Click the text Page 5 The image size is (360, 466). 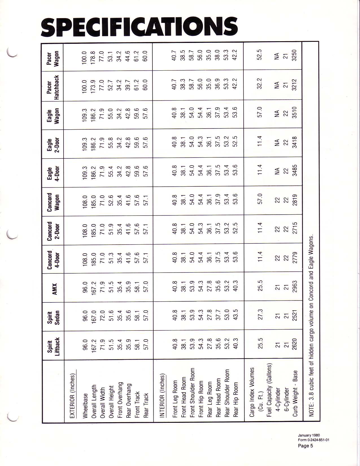coord(306,446)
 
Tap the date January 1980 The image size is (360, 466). coord(309,435)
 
